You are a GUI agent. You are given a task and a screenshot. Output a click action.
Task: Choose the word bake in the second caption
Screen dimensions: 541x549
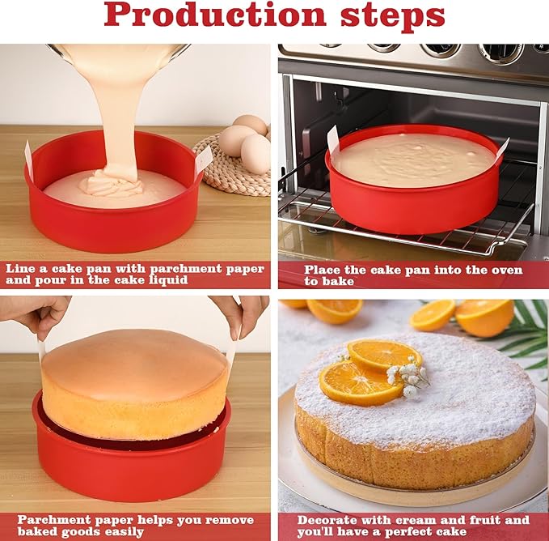340,281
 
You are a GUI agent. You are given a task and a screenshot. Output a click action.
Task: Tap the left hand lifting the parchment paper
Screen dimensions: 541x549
37,313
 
